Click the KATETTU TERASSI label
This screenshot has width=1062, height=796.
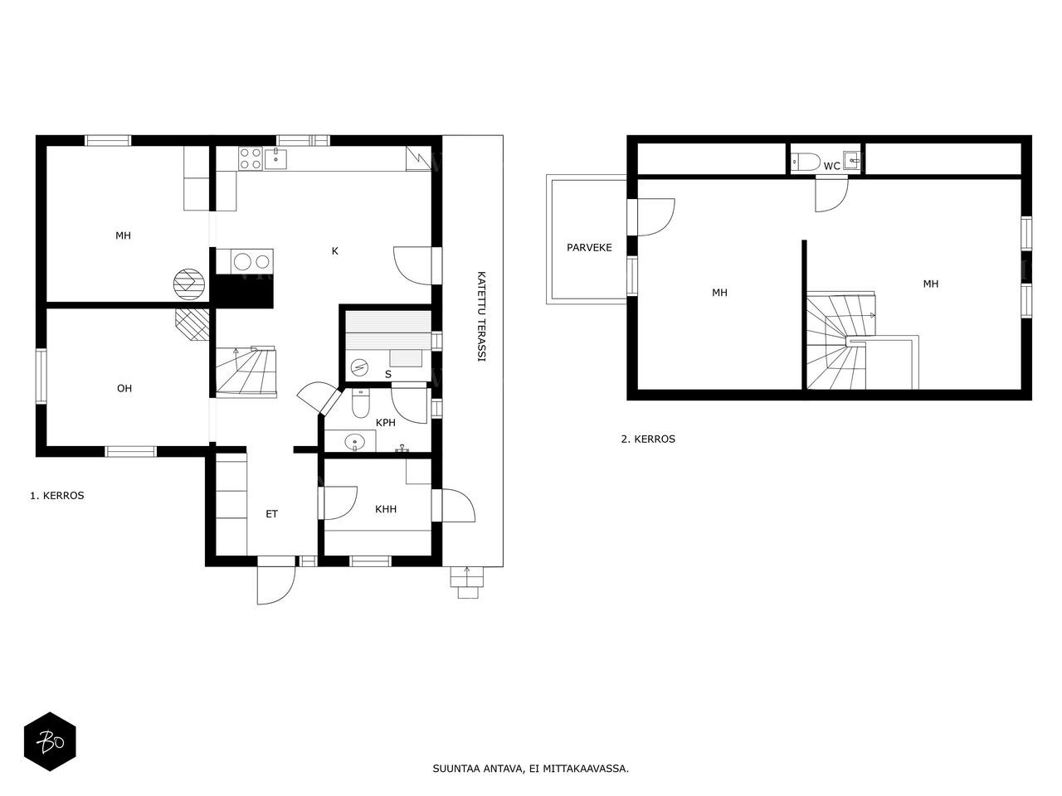pos(481,317)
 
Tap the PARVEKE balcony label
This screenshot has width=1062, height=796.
pos(589,247)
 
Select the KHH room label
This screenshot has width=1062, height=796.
pos(386,509)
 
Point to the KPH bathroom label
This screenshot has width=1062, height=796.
pos(386,422)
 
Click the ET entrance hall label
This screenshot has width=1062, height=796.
pos(272,514)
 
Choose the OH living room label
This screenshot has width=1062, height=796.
pos(124,388)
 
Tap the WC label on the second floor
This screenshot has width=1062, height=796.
pos(831,166)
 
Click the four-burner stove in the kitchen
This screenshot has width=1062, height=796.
pos(250,158)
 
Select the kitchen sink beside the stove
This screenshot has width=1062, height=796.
pos(275,158)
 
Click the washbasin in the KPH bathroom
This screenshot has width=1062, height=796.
pos(356,442)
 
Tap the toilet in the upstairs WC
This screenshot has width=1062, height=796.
pos(805,162)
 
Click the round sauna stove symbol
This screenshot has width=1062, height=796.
pos(359,366)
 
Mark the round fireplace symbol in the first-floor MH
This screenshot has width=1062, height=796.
pos(189,284)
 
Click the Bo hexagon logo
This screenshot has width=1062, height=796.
pos(50,741)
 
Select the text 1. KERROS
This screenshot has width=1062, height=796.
pos(57,495)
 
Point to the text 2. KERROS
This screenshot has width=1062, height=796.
pos(648,439)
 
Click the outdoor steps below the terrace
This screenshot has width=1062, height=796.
pos(467,582)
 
